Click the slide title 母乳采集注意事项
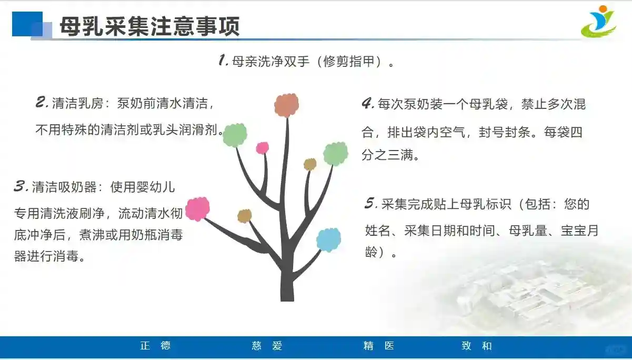150,26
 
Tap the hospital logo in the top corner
599,22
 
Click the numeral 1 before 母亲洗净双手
223,60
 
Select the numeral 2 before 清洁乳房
43,102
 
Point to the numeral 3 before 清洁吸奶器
21,186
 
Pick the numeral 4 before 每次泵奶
368,103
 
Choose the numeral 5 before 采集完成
371,203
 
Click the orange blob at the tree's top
286,105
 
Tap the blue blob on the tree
328,240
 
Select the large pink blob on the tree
197,209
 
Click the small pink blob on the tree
263,148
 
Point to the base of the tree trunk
287,299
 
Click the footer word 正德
155,346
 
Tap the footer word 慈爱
267,346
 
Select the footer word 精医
379,346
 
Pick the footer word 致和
477,346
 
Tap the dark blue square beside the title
27,24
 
